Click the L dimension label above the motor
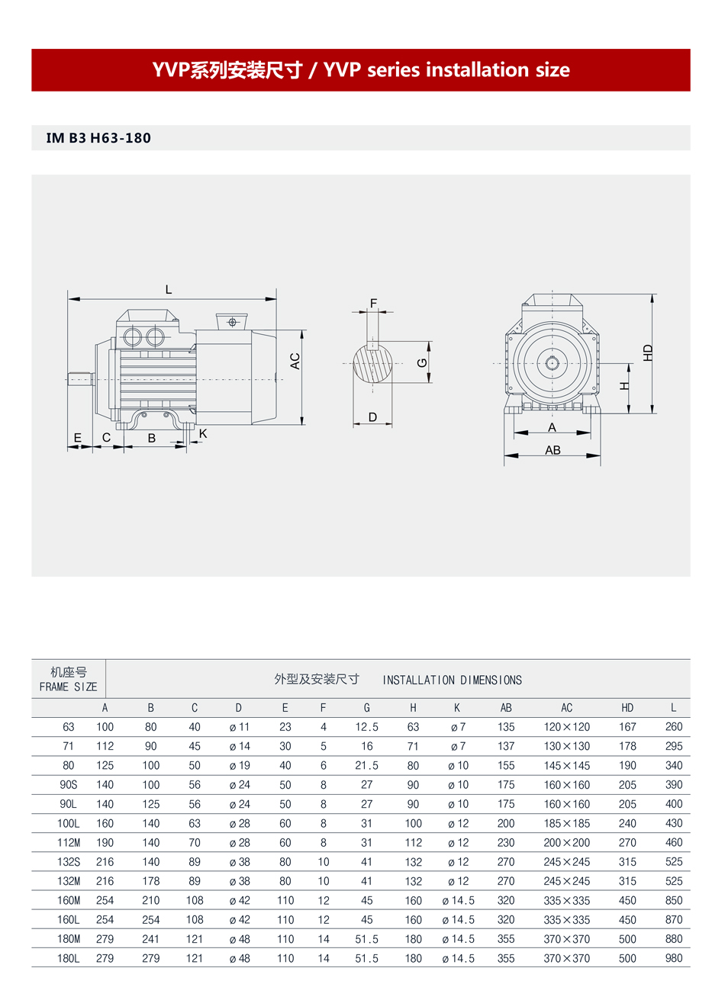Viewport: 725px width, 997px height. [x=169, y=290]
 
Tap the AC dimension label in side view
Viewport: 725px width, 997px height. [x=295, y=362]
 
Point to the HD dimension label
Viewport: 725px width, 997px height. [x=648, y=353]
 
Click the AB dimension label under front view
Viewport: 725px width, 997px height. [x=553, y=451]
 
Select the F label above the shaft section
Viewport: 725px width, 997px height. [x=373, y=304]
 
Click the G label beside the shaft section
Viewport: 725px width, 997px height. [x=422, y=363]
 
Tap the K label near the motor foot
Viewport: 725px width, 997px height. [x=203, y=433]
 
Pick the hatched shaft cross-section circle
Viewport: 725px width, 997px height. [x=373, y=364]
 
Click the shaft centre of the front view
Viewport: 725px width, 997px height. [x=552, y=363]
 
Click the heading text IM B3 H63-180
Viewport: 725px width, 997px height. [x=98, y=138]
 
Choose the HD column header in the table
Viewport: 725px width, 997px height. [x=627, y=708]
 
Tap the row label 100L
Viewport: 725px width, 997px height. [x=69, y=824]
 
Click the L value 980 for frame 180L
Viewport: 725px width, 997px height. [x=673, y=958]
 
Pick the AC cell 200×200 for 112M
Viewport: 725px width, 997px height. [x=566, y=843]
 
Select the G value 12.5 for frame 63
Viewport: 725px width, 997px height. [x=366, y=727]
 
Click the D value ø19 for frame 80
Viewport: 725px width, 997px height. [x=239, y=766]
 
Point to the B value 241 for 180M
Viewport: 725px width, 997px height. [x=151, y=939]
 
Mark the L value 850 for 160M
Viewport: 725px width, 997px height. [x=673, y=901]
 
